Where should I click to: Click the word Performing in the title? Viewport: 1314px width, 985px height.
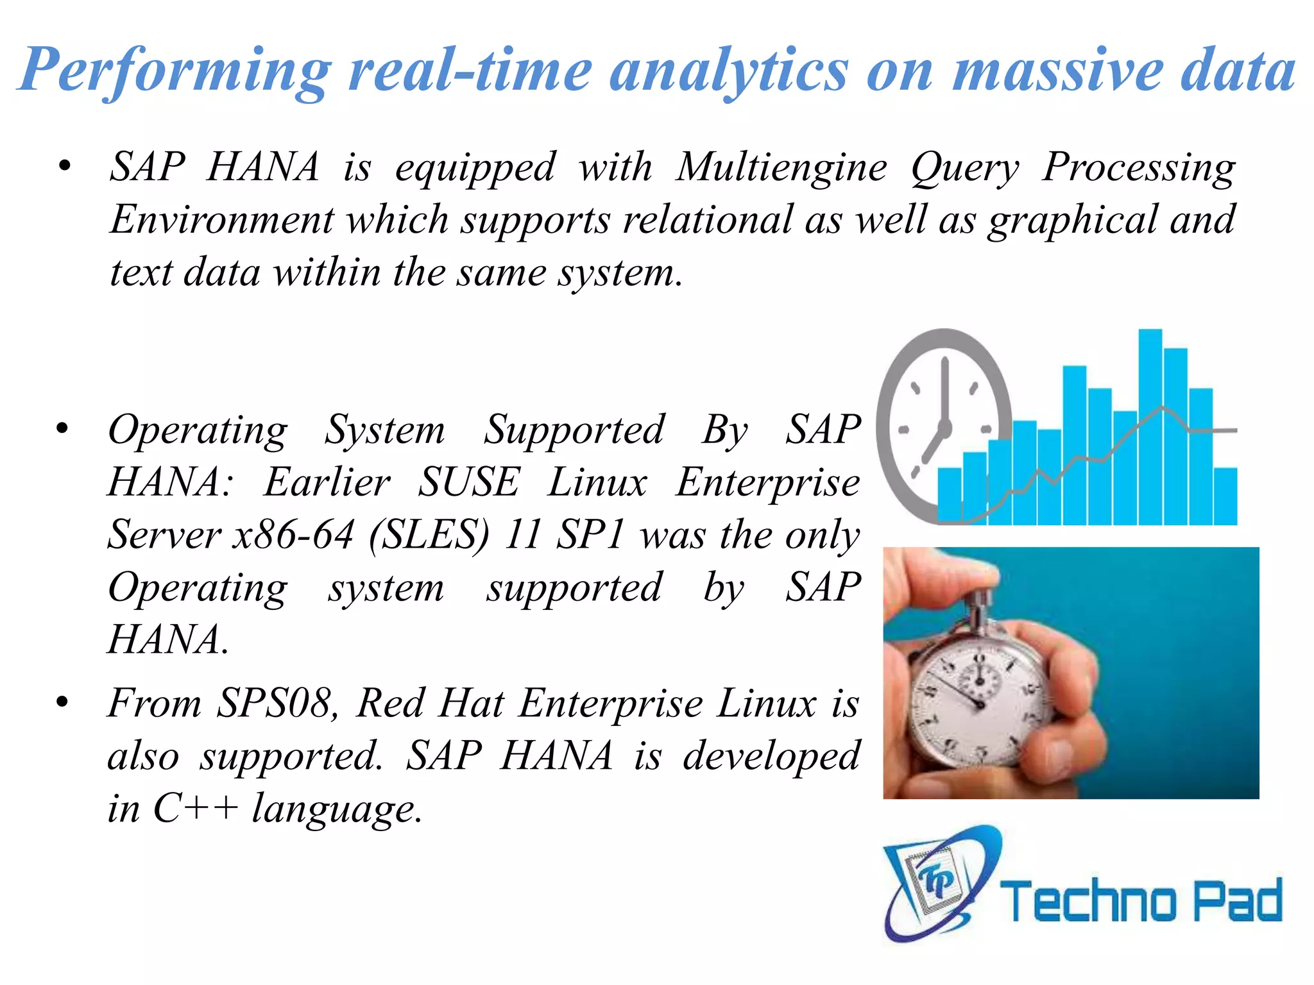[175, 71]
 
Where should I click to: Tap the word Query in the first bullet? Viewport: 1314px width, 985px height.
[964, 168]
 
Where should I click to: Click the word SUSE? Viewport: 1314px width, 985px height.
[468, 482]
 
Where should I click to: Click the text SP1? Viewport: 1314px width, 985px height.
[590, 535]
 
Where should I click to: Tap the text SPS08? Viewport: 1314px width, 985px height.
[275, 703]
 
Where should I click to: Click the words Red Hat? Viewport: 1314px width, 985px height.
[430, 703]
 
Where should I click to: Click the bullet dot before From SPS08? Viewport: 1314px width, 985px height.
[62, 702]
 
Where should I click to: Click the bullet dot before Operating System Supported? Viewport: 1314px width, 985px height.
[62, 428]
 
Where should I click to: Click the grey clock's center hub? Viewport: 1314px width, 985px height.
[944, 428]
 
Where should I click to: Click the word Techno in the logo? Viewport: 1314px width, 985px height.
[1088, 900]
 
